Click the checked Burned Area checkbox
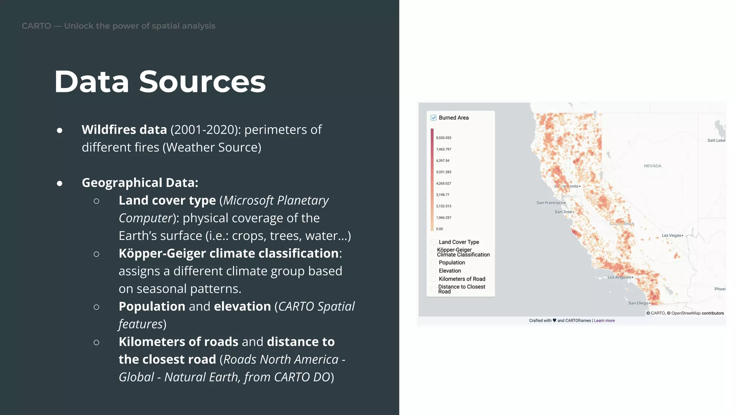click(434, 118)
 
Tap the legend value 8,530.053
click(443, 138)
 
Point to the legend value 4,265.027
click(443, 183)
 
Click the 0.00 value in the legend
click(439, 229)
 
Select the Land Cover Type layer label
click(459, 242)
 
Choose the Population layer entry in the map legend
click(452, 263)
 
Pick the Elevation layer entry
click(450, 271)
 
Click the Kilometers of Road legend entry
click(462, 279)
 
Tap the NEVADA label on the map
click(652, 166)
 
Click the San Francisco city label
click(550, 203)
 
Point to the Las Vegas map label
click(672, 236)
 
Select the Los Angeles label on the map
click(619, 277)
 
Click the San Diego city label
click(638, 303)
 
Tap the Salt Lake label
click(716, 140)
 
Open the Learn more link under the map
click(604, 321)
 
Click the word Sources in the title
click(202, 82)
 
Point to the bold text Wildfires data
click(124, 130)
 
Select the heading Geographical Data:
click(140, 183)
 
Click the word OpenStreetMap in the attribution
click(686, 313)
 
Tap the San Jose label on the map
click(563, 212)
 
